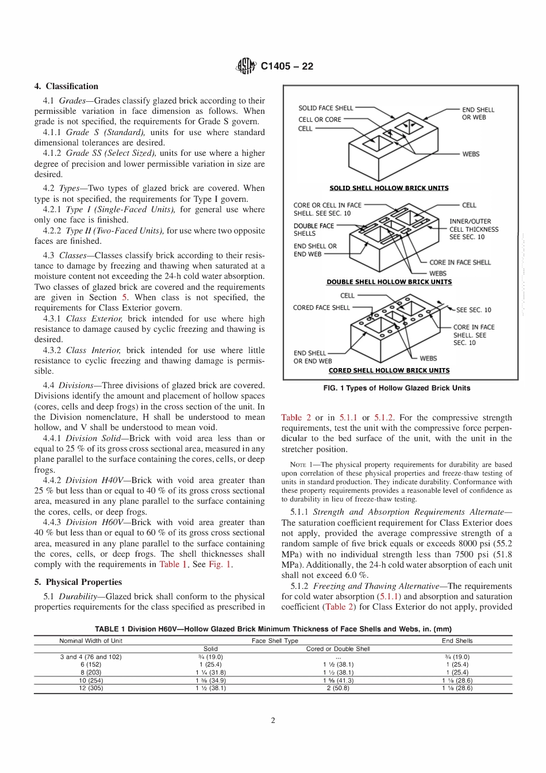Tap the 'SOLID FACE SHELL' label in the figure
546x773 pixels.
(325, 108)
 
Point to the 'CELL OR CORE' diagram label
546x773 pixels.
(320, 120)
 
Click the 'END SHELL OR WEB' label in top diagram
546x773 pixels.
(478, 113)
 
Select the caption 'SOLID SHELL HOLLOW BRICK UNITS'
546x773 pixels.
(389, 188)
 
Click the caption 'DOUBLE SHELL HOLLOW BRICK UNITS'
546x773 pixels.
(389, 282)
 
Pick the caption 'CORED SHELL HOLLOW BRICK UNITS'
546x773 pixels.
(389, 370)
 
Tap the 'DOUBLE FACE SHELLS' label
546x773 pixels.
(313, 229)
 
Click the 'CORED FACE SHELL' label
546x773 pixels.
(321, 308)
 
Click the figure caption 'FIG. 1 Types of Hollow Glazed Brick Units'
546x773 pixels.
(397, 388)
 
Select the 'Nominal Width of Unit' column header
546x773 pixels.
(91, 640)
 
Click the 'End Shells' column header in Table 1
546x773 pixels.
(457, 640)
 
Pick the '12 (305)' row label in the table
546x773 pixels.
(91, 688)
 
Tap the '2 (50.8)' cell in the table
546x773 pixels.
(338, 688)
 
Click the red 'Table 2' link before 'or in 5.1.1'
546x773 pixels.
(296, 418)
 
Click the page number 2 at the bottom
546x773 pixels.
(273, 721)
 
